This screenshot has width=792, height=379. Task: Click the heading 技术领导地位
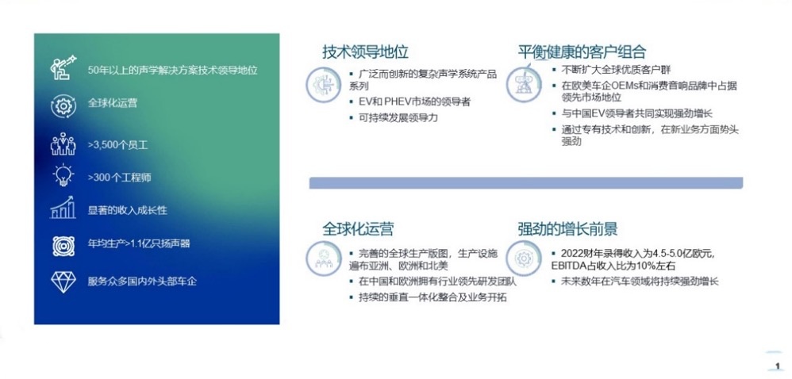coord(365,52)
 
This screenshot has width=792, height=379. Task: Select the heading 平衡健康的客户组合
coord(582,52)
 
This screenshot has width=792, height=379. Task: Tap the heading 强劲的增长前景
coord(567,229)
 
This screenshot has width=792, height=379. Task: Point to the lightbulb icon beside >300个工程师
coord(63,175)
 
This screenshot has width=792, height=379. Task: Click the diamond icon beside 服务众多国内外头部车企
coord(63,281)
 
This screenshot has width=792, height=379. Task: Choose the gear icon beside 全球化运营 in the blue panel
coord(63,105)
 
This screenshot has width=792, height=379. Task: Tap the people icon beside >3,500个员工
coord(63,144)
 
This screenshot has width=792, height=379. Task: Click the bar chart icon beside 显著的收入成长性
coord(63,208)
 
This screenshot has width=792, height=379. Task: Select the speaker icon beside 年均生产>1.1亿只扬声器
coord(63,246)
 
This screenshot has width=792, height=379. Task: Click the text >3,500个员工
coord(117,145)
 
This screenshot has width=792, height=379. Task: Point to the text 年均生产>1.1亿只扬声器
coord(139,244)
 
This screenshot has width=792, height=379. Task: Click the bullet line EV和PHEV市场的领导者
coord(415,102)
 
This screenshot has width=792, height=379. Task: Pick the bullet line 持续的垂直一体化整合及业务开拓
coord(433,297)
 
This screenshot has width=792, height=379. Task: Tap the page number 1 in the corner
coord(777,366)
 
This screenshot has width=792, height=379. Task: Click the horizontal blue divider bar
coord(526,182)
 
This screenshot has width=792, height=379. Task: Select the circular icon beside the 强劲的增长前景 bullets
coord(523,258)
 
